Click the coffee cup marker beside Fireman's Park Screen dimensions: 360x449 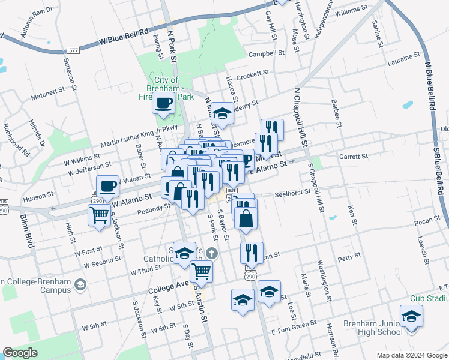point(163,103)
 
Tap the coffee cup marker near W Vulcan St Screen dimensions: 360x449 point(107,185)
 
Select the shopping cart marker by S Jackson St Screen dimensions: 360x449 point(99,214)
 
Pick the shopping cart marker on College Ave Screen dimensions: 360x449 point(202,270)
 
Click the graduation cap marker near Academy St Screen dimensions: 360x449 point(222,113)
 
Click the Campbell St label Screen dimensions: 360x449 point(267,53)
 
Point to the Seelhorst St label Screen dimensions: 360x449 point(292,193)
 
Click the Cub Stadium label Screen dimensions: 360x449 point(428,298)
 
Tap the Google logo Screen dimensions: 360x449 point(20,353)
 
